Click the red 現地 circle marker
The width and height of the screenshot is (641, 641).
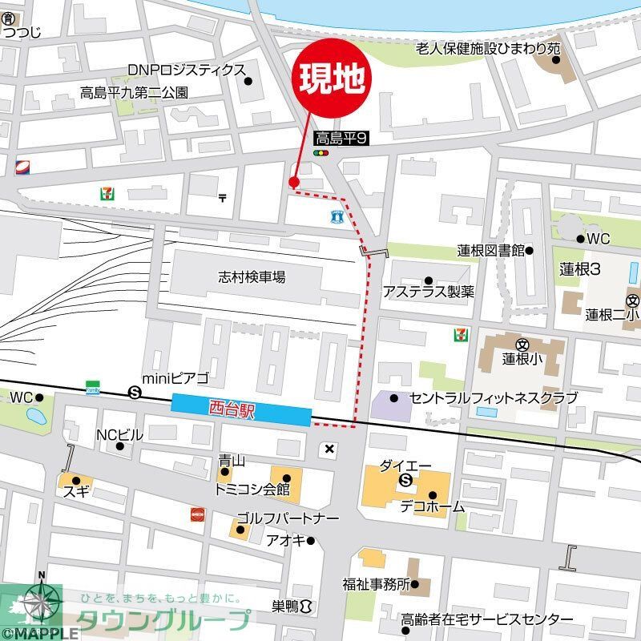coord(335,78)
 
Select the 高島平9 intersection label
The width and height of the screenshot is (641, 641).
coord(340,138)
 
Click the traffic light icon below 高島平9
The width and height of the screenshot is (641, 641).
coord(321,153)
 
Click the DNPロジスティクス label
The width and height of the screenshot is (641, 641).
coord(185,70)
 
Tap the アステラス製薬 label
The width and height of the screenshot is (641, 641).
coord(428,292)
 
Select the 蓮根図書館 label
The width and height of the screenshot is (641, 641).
coord(490,251)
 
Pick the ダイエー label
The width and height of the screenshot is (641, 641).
coord(405,466)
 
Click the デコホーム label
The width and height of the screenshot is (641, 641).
coord(433,506)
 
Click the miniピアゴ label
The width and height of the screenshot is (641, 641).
coord(175,378)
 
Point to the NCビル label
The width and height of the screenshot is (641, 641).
coord(119,435)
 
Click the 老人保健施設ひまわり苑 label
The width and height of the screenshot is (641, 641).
coord(487,49)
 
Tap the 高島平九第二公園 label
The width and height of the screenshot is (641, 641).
coord(135,92)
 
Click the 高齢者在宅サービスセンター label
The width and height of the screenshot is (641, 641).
coord(487,620)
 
